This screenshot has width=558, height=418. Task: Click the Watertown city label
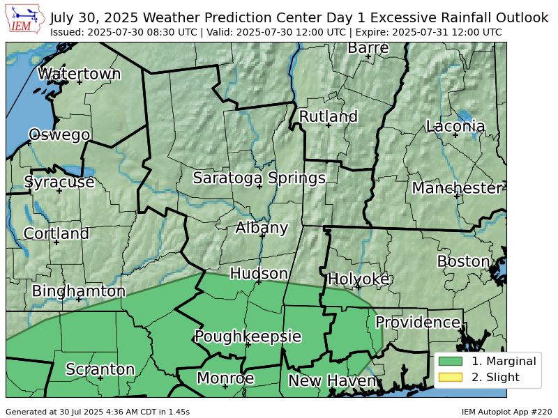79,74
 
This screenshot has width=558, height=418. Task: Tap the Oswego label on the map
59,134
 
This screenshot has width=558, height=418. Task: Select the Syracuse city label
59,182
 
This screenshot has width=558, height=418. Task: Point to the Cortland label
56,233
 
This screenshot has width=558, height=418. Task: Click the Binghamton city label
79,291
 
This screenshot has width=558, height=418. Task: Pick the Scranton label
100,369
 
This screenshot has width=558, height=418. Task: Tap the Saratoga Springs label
259,178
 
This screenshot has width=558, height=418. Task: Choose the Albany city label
262,228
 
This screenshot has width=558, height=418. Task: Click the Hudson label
259,273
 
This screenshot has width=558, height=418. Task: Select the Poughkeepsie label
248,336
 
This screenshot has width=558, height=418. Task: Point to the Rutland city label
328,116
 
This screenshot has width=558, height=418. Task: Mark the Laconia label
455,126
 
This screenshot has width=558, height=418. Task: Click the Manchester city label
457,188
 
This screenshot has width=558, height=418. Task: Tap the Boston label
464,261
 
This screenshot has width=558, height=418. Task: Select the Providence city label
418,323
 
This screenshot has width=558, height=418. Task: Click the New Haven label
333,381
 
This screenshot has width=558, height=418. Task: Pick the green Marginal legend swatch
451,361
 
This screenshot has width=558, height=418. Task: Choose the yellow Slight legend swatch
451,378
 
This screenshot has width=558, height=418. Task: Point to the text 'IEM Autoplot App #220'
506,412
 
